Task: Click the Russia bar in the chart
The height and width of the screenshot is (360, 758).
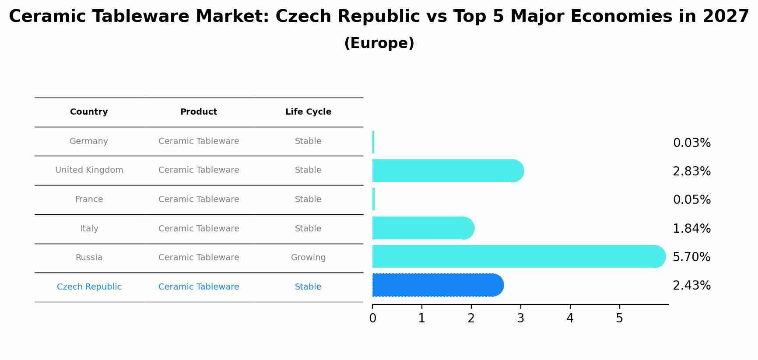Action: pyautogui.click(x=519, y=256)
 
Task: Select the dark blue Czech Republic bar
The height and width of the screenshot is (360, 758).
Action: pyautogui.click(x=438, y=285)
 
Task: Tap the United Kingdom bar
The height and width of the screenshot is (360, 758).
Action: pyautogui.click(x=448, y=171)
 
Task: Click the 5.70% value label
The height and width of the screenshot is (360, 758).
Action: pyautogui.click(x=691, y=257)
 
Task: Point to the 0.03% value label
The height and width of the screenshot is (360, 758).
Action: pyautogui.click(x=691, y=143)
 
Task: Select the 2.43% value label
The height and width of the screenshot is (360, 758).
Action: pyautogui.click(x=691, y=286)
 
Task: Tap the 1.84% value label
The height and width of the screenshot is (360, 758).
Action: pyautogui.click(x=691, y=228)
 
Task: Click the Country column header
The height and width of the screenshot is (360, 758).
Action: pyautogui.click(x=89, y=112)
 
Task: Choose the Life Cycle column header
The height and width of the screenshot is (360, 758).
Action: pyautogui.click(x=308, y=112)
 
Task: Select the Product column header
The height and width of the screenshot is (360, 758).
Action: pyautogui.click(x=199, y=112)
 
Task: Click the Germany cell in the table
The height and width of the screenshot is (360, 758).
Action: pyautogui.click(x=89, y=141)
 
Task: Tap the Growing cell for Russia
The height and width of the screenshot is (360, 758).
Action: pyautogui.click(x=308, y=258)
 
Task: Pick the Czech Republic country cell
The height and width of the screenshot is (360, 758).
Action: pyautogui.click(x=89, y=287)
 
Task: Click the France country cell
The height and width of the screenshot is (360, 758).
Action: pyautogui.click(x=89, y=199)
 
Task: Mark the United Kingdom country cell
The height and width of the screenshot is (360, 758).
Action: pyautogui.click(x=89, y=170)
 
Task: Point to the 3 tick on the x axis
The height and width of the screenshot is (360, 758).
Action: pyautogui.click(x=520, y=318)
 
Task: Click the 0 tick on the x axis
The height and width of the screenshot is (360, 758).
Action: pyautogui.click(x=372, y=318)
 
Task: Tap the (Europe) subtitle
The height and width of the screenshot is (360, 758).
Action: pyautogui.click(x=379, y=43)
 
